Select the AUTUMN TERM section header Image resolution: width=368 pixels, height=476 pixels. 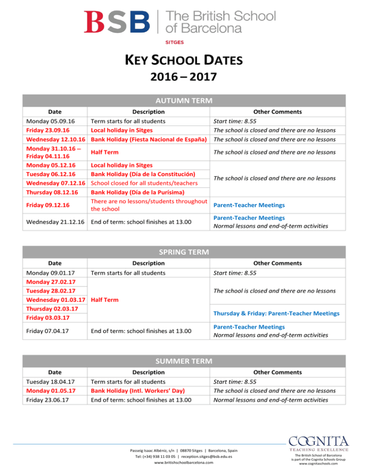[x=184, y=101]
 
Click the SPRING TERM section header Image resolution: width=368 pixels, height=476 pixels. [x=184, y=251]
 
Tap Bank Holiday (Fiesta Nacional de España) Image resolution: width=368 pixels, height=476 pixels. [x=149, y=139]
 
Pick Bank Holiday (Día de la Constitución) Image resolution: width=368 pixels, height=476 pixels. [x=142, y=173]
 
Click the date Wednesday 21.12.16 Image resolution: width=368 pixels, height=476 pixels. [x=47, y=222]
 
